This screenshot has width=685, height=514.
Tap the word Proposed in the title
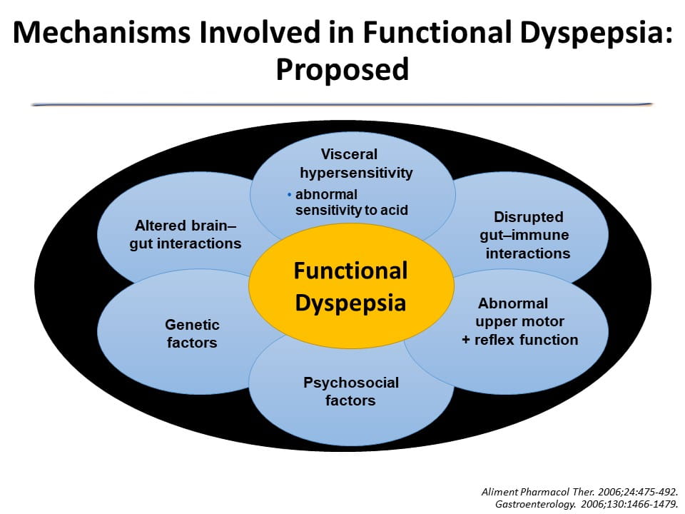click(x=342, y=69)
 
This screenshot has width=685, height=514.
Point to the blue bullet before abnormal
click(x=289, y=194)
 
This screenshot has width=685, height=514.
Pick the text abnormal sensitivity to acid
click(x=342, y=202)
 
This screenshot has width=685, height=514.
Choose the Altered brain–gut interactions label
click(x=186, y=235)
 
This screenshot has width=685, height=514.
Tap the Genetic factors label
click(x=192, y=333)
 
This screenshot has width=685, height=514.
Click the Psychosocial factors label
click(x=350, y=391)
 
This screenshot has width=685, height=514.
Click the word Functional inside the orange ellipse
click(x=351, y=271)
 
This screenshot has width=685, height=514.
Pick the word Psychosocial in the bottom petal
click(x=350, y=383)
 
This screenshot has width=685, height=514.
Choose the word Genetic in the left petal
click(x=192, y=325)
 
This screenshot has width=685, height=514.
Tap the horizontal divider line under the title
click(x=342, y=105)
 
